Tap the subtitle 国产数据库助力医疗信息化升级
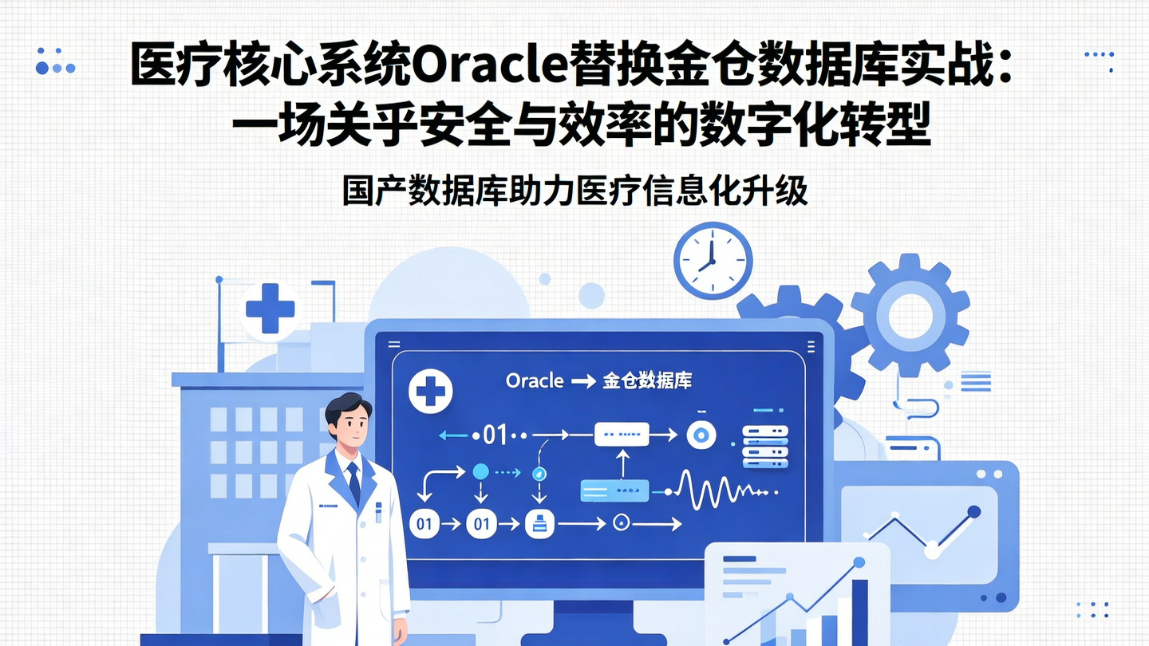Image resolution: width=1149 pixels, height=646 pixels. coord(574,191)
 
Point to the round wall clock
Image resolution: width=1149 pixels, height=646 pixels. coord(713,260)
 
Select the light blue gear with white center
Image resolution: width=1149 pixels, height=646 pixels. coord(910,315)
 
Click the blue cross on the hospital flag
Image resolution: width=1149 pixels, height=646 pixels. coord(270,307)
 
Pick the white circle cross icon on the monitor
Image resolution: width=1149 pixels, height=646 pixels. coord(431,391)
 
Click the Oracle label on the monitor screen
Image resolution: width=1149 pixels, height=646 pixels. coord(535,381)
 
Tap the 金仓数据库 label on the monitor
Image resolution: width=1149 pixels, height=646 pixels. coord(647,381)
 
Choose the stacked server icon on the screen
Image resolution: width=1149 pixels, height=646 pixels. coord(764,447)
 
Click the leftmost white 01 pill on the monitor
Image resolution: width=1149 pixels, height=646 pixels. coord(424,524)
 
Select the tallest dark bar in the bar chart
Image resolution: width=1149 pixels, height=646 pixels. coord(859,610)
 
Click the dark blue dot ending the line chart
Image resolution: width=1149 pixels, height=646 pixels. coord(973,511)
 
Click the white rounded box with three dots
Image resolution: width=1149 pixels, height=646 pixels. coord(622,435)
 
